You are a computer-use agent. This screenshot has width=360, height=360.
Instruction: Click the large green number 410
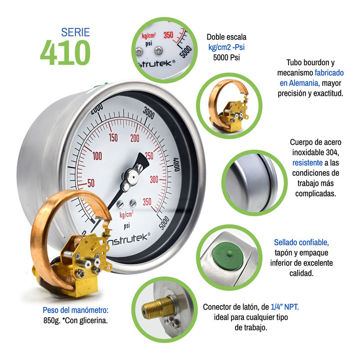click(65, 53)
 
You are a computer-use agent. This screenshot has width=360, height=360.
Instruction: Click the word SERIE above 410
click(76, 32)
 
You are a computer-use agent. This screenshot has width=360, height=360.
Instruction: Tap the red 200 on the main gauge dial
click(135, 138)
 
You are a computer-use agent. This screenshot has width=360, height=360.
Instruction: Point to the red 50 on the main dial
click(91, 183)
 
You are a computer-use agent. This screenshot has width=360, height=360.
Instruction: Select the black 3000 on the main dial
click(152, 111)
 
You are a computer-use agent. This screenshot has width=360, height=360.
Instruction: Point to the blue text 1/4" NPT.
click(285, 307)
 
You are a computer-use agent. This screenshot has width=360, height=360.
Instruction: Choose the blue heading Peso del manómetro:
click(76, 310)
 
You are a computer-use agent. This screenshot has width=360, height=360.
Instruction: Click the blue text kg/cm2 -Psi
click(226, 47)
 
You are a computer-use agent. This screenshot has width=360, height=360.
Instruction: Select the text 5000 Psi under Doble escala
click(226, 57)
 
